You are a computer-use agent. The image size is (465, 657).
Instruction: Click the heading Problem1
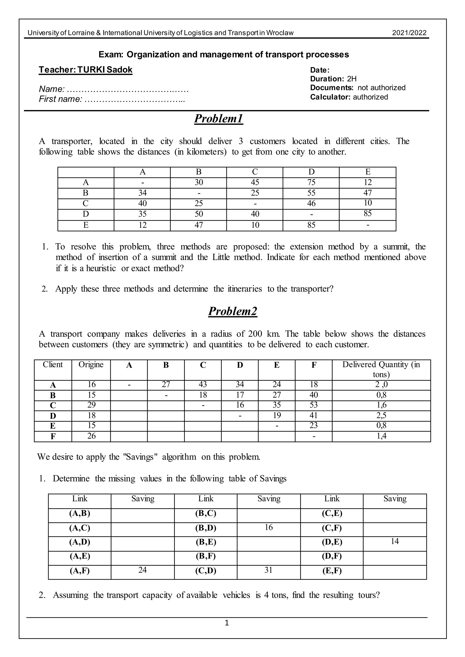(x=218, y=119)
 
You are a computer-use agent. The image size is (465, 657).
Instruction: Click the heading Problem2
(x=232, y=311)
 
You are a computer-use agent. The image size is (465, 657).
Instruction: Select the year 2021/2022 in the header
(x=409, y=33)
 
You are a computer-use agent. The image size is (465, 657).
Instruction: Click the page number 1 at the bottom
(x=227, y=623)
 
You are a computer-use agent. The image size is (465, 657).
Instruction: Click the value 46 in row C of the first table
(x=311, y=203)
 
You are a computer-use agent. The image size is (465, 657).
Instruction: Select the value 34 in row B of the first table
(x=142, y=193)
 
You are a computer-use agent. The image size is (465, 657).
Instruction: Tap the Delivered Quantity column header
(x=381, y=369)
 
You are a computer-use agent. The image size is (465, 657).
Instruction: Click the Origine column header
(x=91, y=365)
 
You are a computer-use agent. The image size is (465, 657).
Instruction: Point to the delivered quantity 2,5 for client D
(x=381, y=415)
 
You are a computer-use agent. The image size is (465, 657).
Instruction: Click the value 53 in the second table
(x=314, y=405)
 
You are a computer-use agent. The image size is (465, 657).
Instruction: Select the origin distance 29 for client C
(x=91, y=405)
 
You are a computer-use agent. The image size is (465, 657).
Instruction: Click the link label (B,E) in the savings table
(x=206, y=542)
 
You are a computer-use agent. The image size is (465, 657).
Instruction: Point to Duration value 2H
(x=352, y=79)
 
